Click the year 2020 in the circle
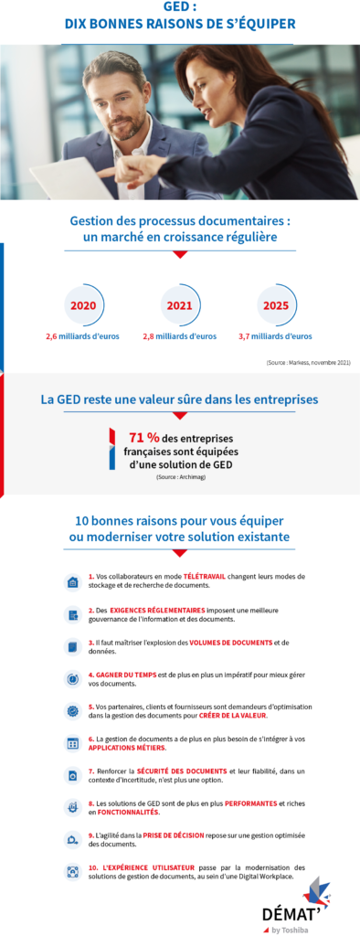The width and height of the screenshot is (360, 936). (83, 305)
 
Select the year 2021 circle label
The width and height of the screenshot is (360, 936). (179, 305)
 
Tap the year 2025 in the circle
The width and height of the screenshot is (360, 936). (276, 305)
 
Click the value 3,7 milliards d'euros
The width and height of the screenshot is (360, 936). (276, 336)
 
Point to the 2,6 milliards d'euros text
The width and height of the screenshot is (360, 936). (83, 336)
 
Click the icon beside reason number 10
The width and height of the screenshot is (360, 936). (72, 872)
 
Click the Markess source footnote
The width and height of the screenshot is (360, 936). (308, 363)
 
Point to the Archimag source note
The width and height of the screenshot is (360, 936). (179, 477)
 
